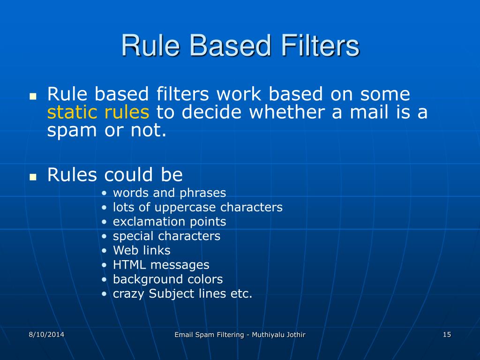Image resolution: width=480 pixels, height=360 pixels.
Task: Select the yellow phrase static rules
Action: pyautogui.click(x=98, y=112)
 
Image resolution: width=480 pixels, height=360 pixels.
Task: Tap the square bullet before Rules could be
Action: pyautogui.click(x=33, y=178)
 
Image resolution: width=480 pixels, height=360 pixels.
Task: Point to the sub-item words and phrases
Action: pyautogui.click(x=169, y=193)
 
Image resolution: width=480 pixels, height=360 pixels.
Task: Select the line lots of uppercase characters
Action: pyautogui.click(x=197, y=207)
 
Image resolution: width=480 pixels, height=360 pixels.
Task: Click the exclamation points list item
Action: pyautogui.click(x=169, y=221)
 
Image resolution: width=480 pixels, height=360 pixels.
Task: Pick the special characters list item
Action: pyautogui.click(x=166, y=236)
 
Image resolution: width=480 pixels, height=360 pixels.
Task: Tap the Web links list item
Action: pyautogui.click(x=142, y=250)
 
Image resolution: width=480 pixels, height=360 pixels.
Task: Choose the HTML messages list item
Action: pyautogui.click(x=161, y=265)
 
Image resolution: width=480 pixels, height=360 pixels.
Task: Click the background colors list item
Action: pyautogui.click(x=167, y=279)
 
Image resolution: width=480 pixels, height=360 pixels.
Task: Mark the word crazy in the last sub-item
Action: pyautogui.click(x=129, y=294)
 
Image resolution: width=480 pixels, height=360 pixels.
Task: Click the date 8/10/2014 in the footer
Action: pyautogui.click(x=46, y=334)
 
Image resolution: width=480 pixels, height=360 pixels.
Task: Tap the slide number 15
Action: pyautogui.click(x=446, y=334)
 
